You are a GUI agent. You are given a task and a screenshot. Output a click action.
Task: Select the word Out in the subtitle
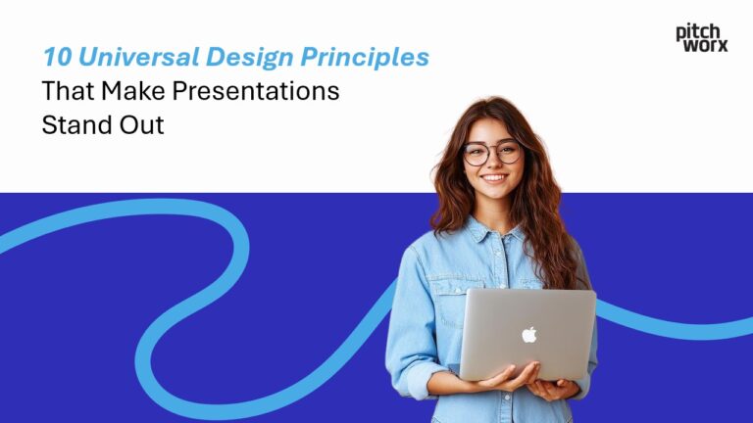point(139,126)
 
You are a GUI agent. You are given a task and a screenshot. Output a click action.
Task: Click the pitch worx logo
point(701,38)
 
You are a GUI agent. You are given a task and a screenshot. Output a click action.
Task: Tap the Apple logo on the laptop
point(529,335)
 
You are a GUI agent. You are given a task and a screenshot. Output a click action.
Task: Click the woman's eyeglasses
point(492,153)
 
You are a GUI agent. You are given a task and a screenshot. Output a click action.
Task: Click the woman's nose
point(494,164)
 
